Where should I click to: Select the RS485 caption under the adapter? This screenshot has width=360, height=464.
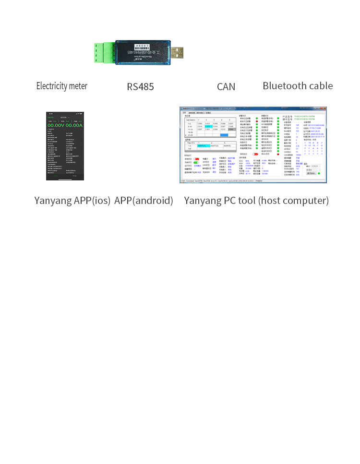click(140, 87)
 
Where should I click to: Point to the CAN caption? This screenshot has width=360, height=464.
click(226, 87)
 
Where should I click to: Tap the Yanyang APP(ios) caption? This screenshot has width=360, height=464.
click(72, 201)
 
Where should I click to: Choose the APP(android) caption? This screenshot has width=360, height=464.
click(144, 201)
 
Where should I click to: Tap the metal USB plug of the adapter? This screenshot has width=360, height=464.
click(177, 52)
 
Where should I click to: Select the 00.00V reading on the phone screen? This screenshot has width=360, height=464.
click(56, 125)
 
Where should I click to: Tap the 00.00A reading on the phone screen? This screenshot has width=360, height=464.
click(74, 125)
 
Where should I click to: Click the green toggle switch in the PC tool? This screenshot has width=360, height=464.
click(196, 163)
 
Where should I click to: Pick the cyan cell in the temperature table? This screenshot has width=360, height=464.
click(204, 145)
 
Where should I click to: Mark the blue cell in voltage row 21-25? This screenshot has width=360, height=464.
click(224, 135)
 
